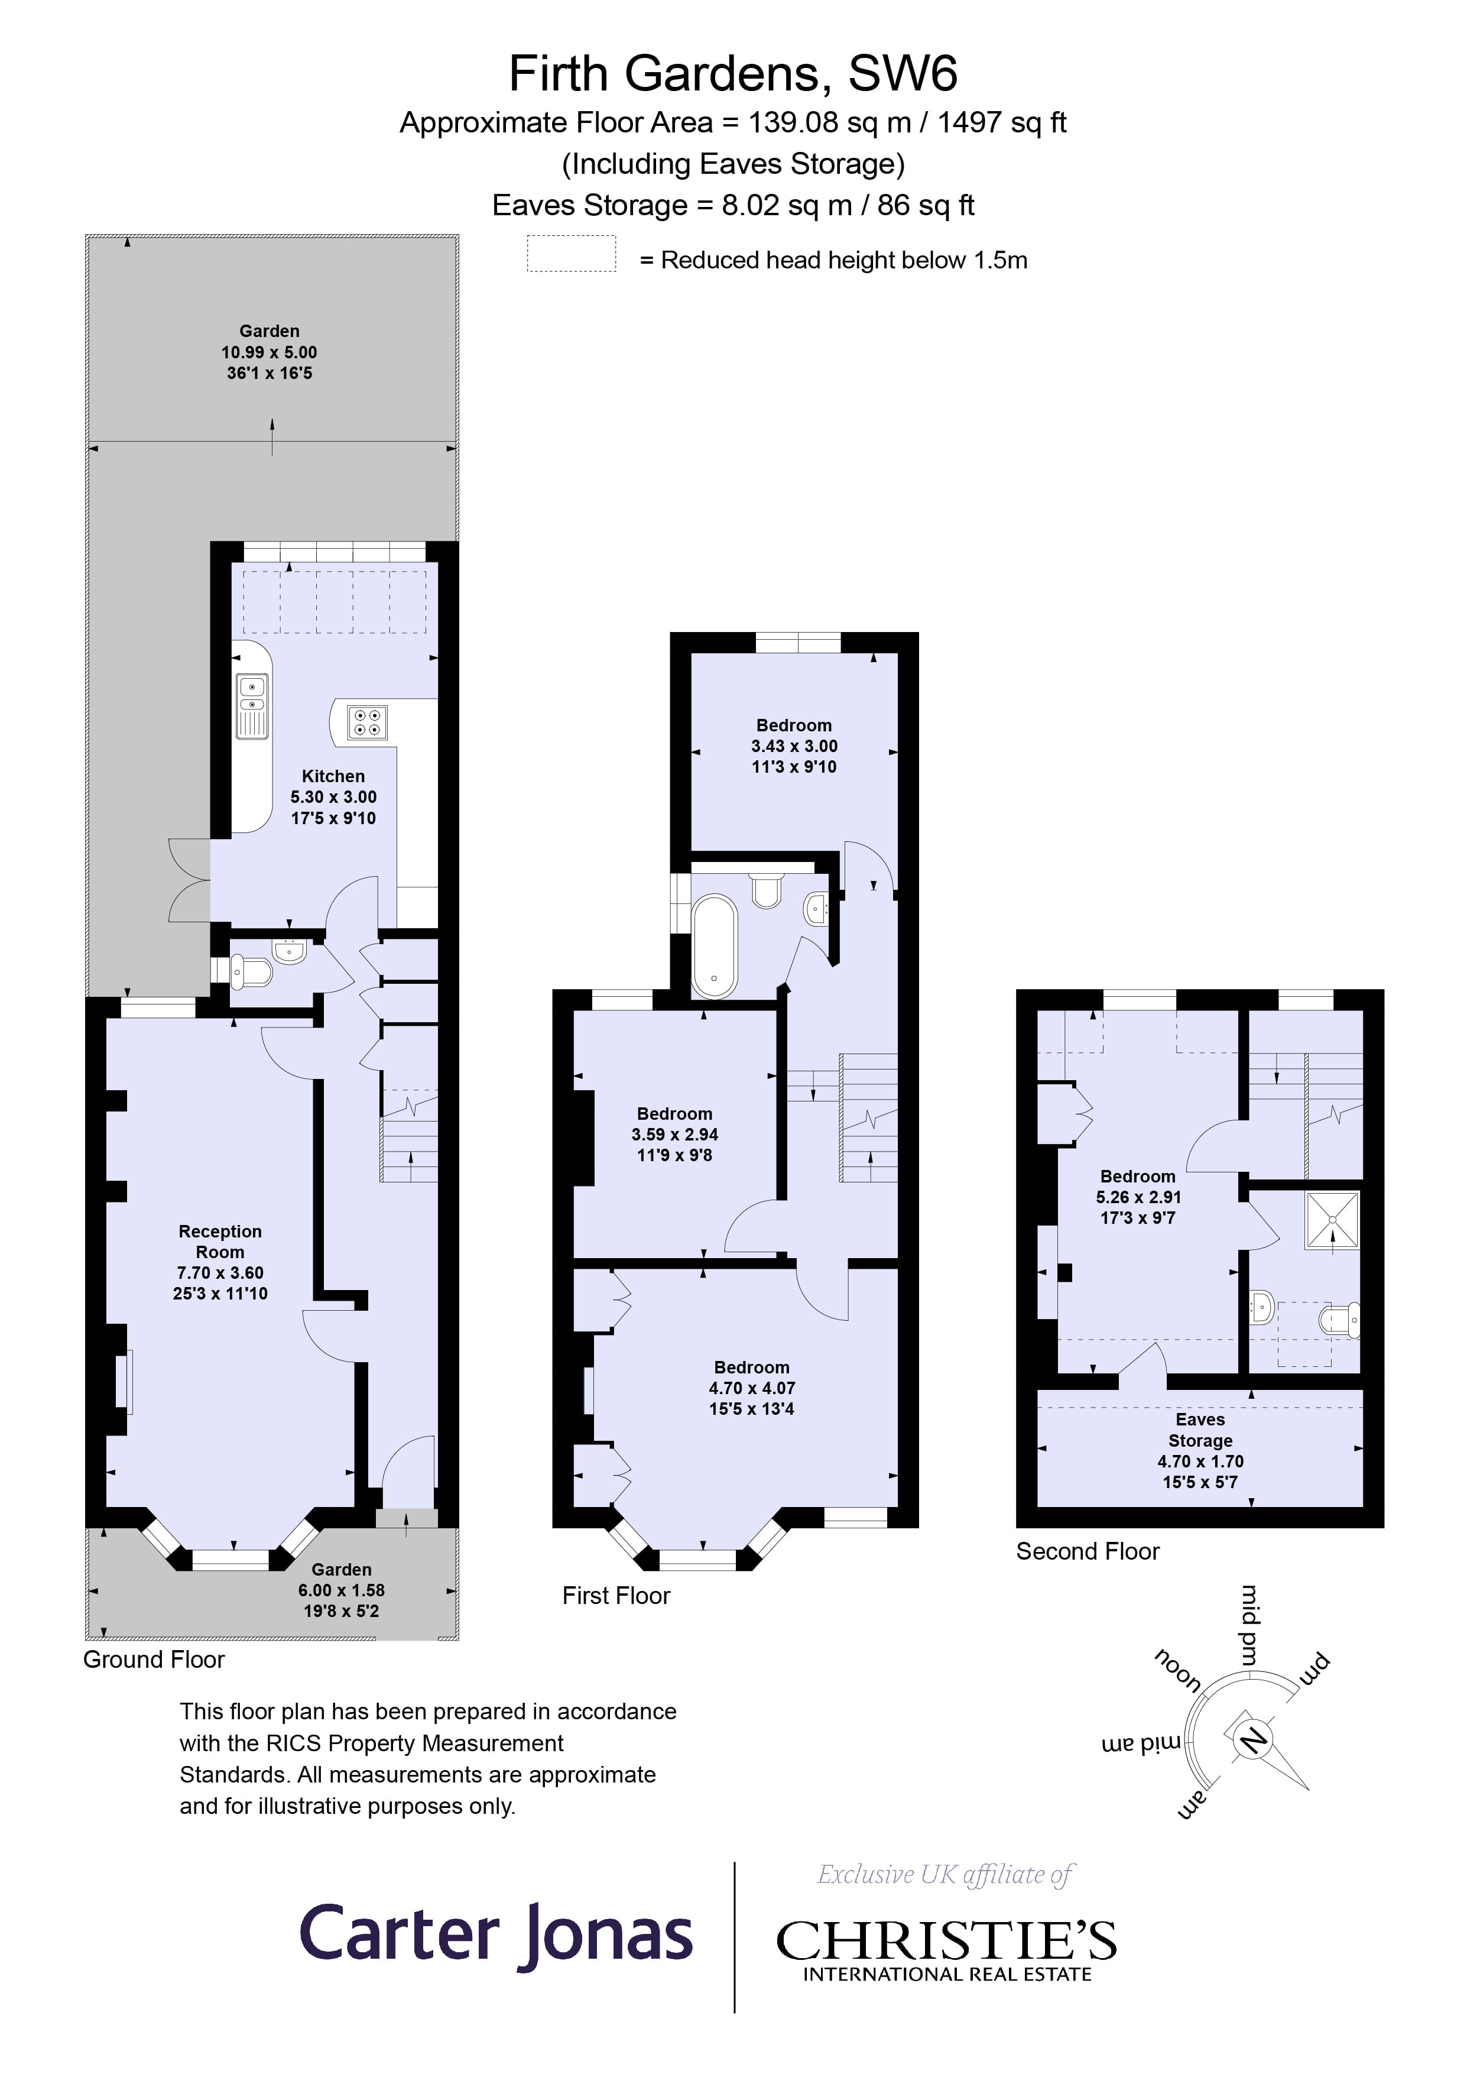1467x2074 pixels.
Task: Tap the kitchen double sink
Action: (x=252, y=705)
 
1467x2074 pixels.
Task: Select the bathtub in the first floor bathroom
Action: (x=715, y=946)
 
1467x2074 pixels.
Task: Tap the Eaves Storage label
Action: (x=1200, y=1430)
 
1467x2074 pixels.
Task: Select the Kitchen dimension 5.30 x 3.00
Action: (x=333, y=797)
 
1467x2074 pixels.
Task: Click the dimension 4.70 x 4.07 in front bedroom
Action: (x=752, y=1388)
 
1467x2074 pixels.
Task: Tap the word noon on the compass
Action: (x=1177, y=1670)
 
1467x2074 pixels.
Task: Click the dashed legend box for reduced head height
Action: (x=571, y=254)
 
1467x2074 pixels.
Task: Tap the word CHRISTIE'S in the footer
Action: (x=946, y=1940)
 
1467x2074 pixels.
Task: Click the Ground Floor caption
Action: (x=154, y=1660)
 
